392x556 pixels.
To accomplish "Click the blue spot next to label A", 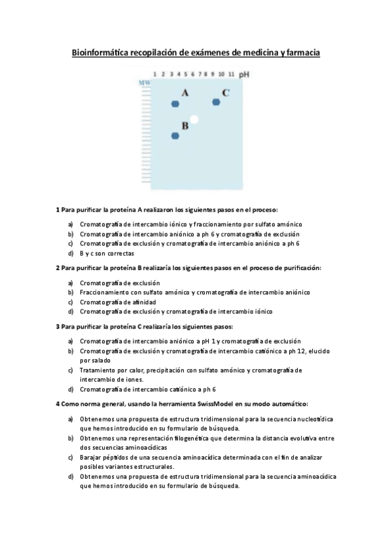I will [x=175, y=104].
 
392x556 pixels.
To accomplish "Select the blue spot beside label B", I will [x=175, y=136].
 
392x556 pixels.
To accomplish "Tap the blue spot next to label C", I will [x=216, y=101].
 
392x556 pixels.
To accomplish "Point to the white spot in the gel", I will [x=194, y=119].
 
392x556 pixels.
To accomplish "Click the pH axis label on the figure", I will [x=244, y=75].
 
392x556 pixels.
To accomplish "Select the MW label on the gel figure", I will [x=144, y=83].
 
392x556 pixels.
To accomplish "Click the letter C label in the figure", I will [x=225, y=92].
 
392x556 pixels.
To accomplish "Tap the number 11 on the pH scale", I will [x=232, y=75].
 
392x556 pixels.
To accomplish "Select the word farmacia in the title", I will [x=301, y=52].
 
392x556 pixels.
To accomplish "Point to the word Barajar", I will [x=91, y=456].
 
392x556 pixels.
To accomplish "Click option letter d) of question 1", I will [x=70, y=252].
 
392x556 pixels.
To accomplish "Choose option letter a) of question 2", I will [x=70, y=283].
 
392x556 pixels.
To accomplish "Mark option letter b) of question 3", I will [x=70, y=351].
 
